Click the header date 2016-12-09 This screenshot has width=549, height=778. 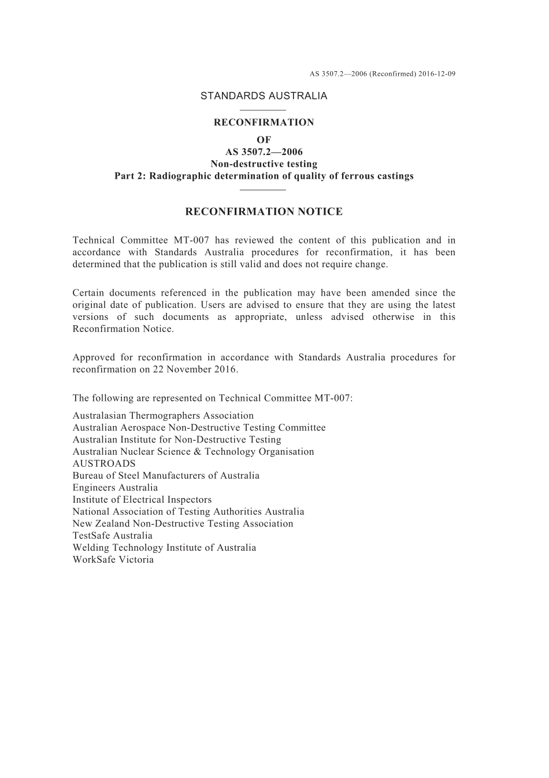click(x=437, y=74)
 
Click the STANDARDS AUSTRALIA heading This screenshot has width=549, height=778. click(x=264, y=96)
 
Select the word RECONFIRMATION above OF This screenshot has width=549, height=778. click(x=264, y=123)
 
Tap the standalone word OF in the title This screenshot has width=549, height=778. click(x=264, y=140)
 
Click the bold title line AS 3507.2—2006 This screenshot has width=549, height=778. click(x=264, y=152)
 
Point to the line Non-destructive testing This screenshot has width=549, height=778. click(x=264, y=164)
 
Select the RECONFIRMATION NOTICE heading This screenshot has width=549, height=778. click(x=264, y=212)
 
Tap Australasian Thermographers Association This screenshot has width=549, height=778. click(x=163, y=416)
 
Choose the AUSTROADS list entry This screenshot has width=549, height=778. click(x=104, y=464)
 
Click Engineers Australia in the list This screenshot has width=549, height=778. click(x=115, y=488)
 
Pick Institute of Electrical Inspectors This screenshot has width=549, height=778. click(x=142, y=500)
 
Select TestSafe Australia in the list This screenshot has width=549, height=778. click(x=113, y=536)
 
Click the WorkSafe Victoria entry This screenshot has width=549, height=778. click(x=113, y=560)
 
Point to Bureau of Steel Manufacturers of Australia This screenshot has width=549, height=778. click(x=166, y=475)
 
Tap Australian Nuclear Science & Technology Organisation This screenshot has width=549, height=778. click(x=193, y=452)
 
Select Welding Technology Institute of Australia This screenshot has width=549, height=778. click(x=164, y=548)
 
